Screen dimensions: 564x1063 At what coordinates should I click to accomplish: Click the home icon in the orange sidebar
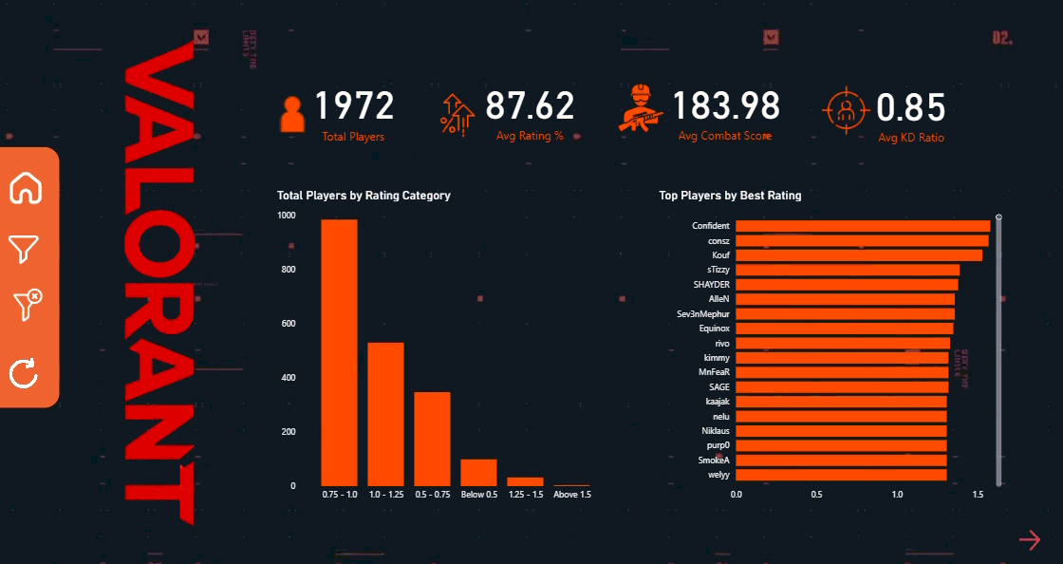coord(26,189)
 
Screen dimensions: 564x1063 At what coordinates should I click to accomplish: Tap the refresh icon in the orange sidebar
coord(24,373)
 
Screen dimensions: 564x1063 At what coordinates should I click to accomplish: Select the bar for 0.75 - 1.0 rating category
coord(339,352)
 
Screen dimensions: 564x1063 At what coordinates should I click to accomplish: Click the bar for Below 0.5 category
coord(479,472)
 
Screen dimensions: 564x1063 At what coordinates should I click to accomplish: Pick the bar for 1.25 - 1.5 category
coord(525,481)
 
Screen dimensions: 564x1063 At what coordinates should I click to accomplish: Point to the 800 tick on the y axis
coord(287,270)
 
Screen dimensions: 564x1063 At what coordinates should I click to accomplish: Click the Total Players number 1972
coord(354,106)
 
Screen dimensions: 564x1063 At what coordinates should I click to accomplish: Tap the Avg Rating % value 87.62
coord(530,106)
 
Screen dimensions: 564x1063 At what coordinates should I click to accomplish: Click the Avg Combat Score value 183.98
coord(727,106)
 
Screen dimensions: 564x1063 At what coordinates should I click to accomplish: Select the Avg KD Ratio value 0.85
coord(911,108)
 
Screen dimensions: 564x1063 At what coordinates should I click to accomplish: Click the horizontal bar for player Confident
coord(863,226)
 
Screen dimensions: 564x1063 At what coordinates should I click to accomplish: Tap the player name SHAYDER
coord(712,285)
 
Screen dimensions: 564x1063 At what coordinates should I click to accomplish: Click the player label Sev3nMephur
coord(703,313)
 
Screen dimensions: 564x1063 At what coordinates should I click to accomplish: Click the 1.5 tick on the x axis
coord(979,494)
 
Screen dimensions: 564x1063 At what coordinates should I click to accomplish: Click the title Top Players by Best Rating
coord(730,196)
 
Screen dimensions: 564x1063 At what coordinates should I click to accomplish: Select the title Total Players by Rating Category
coord(364,196)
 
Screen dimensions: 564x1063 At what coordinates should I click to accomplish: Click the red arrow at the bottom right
coord(1030,540)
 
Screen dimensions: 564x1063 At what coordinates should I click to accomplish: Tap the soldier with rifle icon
coord(642,107)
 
